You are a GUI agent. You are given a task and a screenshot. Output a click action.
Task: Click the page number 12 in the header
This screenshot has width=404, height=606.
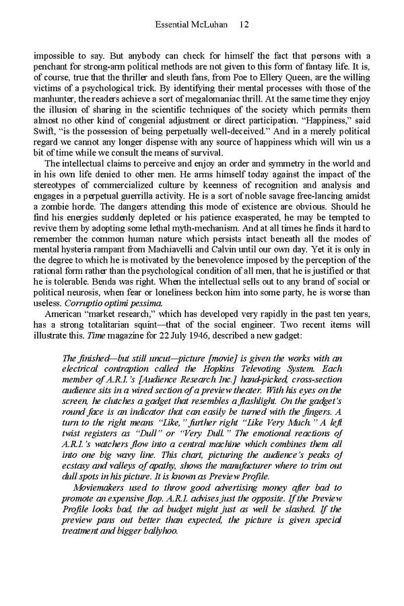pos(244,25)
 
